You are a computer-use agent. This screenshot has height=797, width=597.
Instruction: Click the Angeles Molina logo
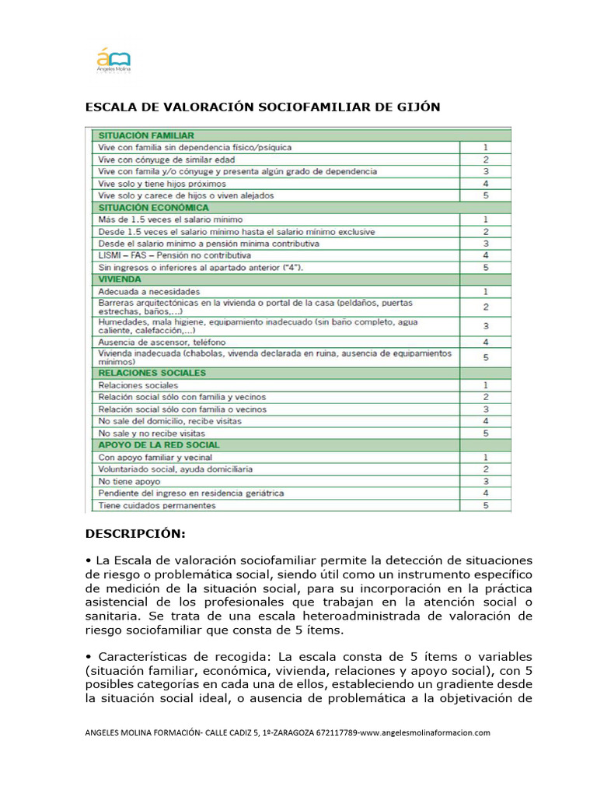113,60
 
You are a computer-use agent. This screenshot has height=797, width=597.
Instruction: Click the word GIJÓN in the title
412,107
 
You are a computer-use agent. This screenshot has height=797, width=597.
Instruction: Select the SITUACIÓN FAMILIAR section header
145,135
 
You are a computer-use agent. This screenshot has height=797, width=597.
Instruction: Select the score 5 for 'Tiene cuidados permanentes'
485,505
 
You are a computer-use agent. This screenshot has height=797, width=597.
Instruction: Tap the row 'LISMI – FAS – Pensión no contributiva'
174,255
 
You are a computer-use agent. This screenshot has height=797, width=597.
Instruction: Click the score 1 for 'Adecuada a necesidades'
485,290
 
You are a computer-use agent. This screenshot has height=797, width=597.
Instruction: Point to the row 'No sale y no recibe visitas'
151,432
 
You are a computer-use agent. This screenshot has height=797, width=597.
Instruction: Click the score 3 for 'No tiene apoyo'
485,481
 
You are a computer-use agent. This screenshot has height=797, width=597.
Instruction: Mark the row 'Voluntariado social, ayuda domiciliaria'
175,469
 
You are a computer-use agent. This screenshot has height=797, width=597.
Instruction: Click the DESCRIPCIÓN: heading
135,534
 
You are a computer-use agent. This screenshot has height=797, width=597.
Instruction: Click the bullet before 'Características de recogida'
88,656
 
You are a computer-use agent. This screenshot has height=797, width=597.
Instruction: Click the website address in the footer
426,732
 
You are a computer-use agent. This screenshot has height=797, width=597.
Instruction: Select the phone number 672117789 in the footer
336,732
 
